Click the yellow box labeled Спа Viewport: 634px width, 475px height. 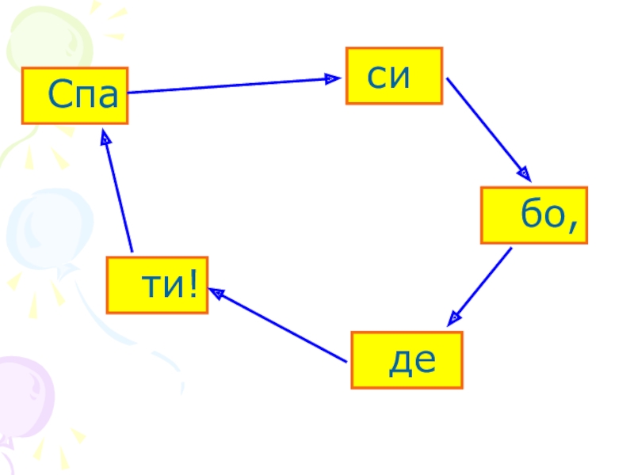(x=75, y=96)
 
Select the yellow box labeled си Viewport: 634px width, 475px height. (x=394, y=76)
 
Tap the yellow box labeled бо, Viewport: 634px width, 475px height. (x=533, y=215)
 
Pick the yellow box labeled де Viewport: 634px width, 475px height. (x=407, y=360)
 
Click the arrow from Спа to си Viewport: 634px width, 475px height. (x=230, y=85)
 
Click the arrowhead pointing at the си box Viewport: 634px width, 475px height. (x=334, y=78)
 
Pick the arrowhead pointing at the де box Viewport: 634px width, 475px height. (x=453, y=319)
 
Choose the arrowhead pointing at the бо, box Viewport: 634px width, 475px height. (x=524, y=172)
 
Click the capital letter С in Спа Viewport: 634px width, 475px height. (x=59, y=96)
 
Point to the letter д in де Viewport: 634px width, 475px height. (x=399, y=363)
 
